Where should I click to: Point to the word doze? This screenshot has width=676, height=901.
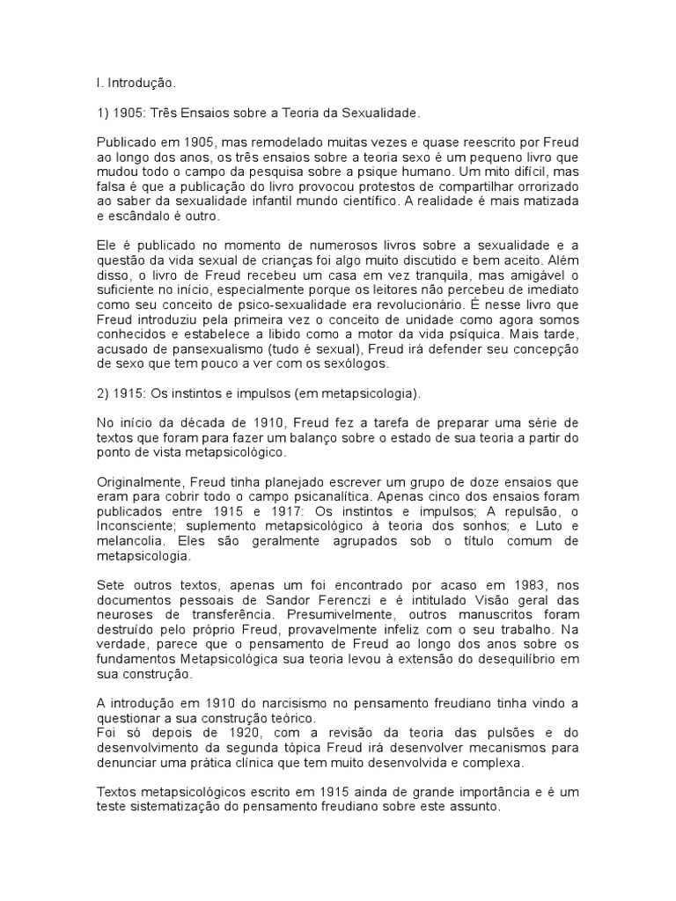pyautogui.click(x=468, y=481)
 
